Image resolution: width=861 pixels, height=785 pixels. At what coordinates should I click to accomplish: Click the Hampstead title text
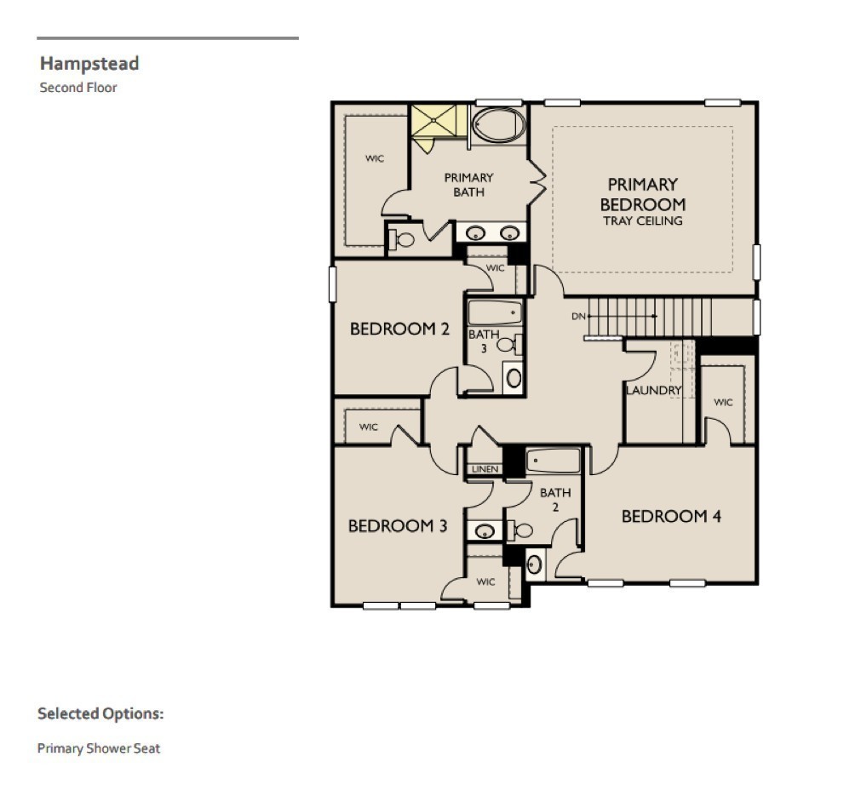click(89, 63)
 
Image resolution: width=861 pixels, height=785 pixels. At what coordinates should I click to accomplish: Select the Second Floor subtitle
click(77, 87)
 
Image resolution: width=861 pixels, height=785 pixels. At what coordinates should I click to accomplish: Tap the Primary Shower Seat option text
click(98, 748)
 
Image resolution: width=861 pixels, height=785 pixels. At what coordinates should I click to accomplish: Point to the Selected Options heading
click(100, 713)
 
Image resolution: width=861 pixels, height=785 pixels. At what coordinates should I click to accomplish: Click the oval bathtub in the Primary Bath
click(498, 124)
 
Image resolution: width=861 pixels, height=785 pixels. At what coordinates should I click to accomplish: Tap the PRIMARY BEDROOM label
click(642, 194)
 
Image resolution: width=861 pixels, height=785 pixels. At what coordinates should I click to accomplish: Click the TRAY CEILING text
click(642, 221)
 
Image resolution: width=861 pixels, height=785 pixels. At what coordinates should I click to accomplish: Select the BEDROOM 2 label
click(399, 329)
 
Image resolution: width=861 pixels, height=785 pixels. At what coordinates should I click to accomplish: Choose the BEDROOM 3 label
click(398, 525)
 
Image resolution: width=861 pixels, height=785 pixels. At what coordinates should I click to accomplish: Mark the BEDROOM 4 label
click(671, 516)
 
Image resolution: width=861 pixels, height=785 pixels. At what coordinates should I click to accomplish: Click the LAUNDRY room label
click(654, 391)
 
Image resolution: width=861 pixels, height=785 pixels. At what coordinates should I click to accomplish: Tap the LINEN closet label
click(484, 469)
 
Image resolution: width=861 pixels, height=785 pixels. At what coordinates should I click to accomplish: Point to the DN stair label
click(579, 316)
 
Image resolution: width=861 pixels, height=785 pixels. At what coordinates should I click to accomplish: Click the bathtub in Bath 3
click(495, 312)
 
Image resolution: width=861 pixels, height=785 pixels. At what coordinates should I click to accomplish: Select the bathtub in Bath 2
click(553, 461)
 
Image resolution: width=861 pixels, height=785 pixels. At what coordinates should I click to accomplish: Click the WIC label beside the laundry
click(723, 402)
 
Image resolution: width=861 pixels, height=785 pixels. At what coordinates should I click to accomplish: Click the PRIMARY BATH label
click(468, 185)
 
